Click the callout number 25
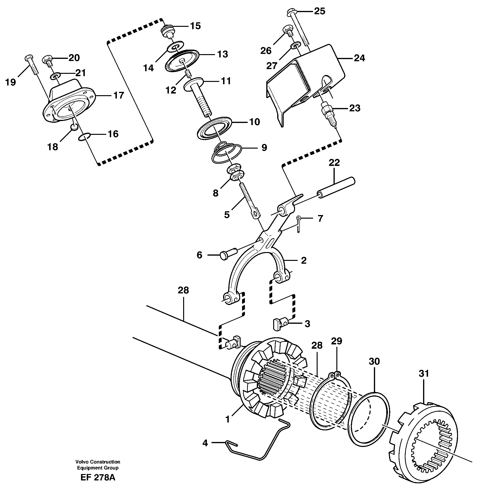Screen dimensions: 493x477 tap(320, 11)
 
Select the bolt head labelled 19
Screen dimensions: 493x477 tap(28, 58)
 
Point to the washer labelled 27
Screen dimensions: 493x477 tap(295, 46)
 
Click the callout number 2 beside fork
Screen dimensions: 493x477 tap(304, 261)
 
